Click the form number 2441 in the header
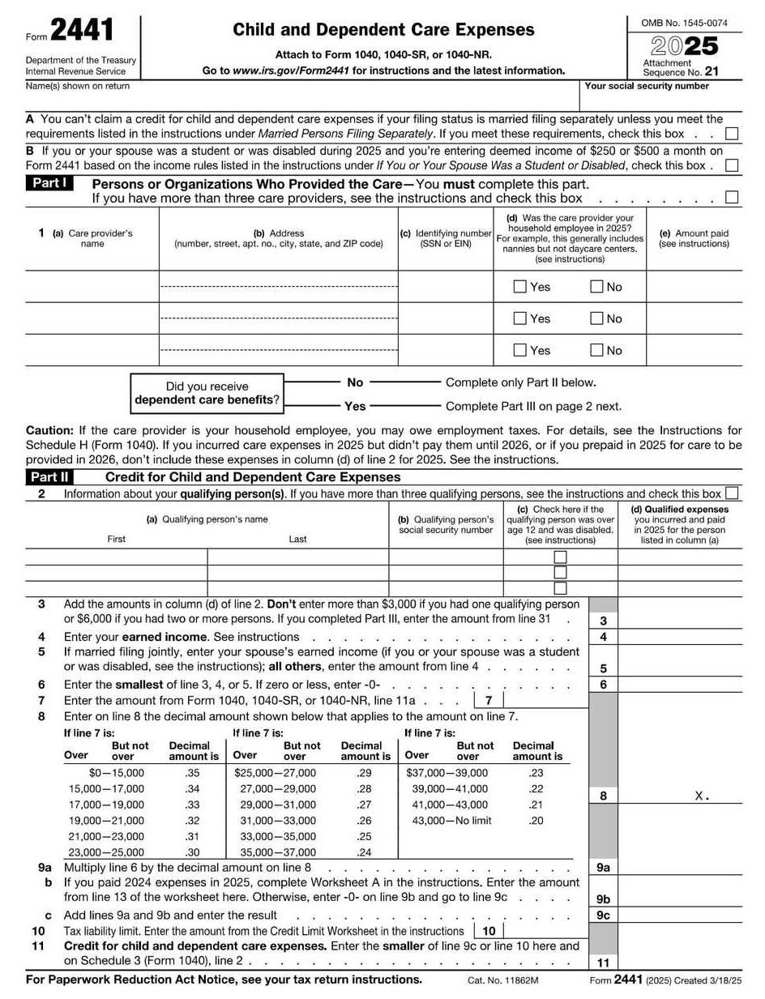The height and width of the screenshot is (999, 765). [83, 32]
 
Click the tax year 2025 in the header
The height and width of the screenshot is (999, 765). [685, 45]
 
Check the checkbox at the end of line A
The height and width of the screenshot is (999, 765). [732, 134]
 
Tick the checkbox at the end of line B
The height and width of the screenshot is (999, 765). [732, 165]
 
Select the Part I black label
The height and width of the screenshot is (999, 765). [49, 183]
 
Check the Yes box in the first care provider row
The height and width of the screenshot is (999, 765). [520, 286]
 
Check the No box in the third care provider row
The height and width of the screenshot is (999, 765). [596, 350]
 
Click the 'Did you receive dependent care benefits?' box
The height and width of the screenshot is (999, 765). [207, 393]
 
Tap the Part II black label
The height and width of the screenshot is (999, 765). [49, 477]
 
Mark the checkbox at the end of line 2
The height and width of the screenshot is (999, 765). [732, 493]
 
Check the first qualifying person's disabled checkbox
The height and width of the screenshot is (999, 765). [560, 557]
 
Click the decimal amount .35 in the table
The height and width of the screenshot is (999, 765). [193, 773]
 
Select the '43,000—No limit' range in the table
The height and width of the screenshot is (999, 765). [451, 821]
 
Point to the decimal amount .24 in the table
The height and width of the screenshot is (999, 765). [364, 852]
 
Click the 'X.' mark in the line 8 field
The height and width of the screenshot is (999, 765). [702, 796]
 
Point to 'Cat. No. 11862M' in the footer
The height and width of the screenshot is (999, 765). [502, 980]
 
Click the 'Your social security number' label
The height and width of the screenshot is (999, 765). [646, 86]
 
